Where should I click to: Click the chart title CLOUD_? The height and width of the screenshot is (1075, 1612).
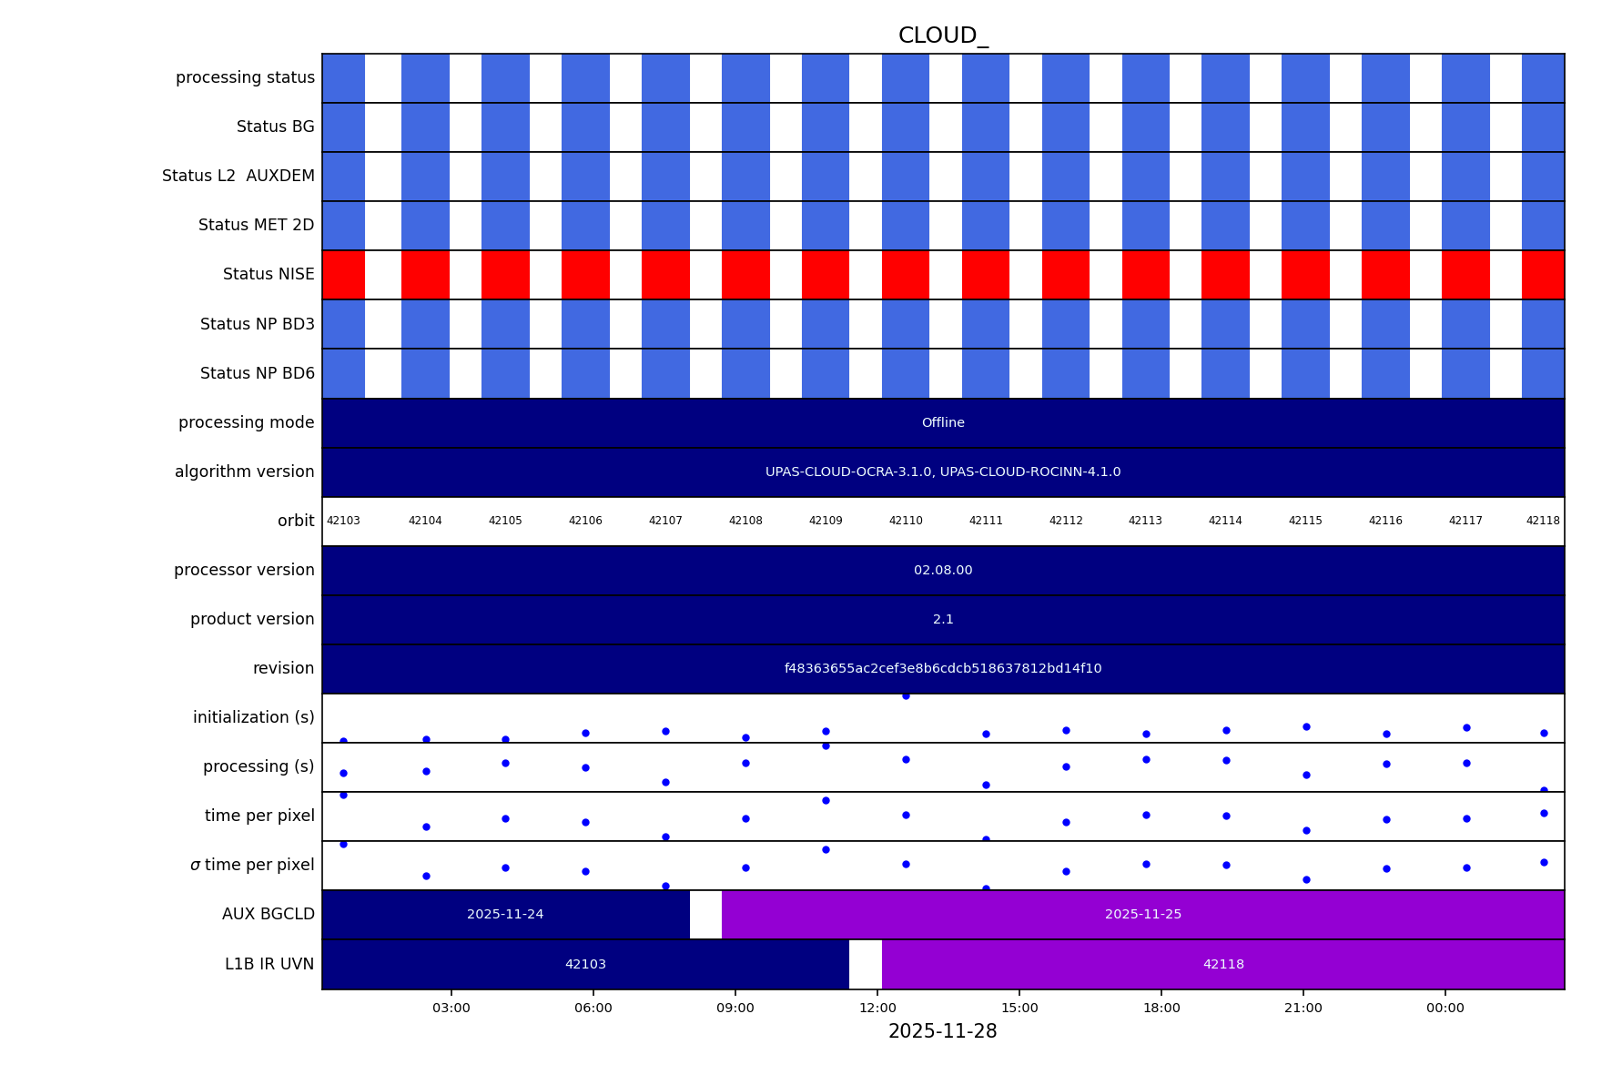click(942, 36)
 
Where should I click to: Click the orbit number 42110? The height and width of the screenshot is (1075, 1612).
click(906, 522)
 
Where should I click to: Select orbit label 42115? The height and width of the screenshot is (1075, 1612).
click(1305, 522)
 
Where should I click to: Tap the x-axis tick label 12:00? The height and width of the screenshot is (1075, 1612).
click(877, 1009)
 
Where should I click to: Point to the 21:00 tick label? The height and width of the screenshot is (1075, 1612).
click(1303, 1009)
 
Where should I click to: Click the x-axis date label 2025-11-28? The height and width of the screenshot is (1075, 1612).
click(942, 1032)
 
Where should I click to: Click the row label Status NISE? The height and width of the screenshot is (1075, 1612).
click(269, 275)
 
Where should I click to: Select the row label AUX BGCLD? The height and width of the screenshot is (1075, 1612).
click(269, 915)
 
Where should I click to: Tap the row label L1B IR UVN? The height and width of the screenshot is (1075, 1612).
click(269, 965)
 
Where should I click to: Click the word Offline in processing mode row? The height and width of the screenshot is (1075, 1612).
click(943, 423)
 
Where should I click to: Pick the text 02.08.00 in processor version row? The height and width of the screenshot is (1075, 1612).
click(943, 571)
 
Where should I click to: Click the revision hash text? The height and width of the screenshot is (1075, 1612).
click(943, 669)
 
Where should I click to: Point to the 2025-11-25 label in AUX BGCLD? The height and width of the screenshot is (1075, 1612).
click(1143, 915)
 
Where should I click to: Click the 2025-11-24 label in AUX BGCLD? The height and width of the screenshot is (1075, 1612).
click(505, 915)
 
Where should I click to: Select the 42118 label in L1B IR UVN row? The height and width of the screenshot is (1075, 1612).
click(1223, 965)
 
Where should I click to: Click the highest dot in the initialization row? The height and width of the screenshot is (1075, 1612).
click(906, 696)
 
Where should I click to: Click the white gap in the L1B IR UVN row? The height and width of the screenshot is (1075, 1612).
click(866, 965)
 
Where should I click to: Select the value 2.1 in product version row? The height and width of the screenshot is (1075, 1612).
click(943, 620)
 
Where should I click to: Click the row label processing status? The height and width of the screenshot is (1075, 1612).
click(245, 78)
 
